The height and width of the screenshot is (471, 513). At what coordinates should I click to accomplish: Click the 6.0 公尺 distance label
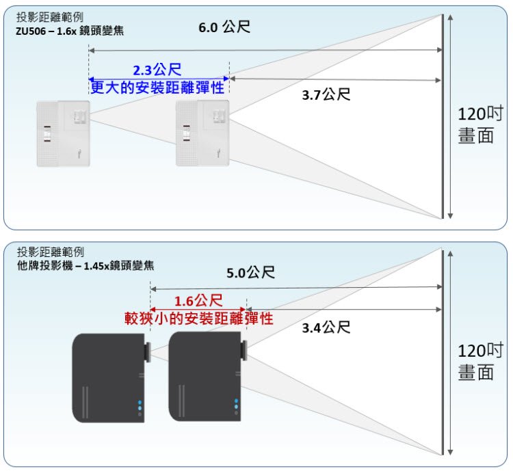224,27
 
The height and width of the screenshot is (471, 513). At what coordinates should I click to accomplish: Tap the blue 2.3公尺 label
157,70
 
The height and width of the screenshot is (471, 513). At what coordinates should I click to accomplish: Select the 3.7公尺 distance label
326,95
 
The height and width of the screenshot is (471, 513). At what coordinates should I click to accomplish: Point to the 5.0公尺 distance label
250,272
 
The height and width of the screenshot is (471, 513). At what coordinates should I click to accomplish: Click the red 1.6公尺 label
198,301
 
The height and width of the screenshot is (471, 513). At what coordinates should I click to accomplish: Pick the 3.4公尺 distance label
326,327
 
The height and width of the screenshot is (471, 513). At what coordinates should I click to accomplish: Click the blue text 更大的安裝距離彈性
158,88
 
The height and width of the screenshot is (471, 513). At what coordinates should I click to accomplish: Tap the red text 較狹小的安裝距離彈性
198,318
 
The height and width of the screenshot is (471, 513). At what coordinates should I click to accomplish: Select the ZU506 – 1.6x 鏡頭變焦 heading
70,31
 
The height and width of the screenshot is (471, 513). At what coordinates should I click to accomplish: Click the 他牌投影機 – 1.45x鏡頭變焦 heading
85,265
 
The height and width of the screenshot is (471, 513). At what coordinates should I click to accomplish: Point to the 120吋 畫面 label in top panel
480,125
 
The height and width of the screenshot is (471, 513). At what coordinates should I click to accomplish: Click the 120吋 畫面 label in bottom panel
480,362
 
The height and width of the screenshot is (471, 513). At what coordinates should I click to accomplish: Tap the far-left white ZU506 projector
63,134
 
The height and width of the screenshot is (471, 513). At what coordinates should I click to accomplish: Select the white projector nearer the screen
202,133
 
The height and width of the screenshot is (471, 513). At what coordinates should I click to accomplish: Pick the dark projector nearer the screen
208,377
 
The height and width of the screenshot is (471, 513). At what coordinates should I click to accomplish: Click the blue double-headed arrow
159,79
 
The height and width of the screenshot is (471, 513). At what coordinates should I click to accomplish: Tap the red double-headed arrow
198,310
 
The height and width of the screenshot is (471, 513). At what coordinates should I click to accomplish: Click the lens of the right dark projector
244,350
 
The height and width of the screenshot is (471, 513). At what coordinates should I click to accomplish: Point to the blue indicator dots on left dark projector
140,405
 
